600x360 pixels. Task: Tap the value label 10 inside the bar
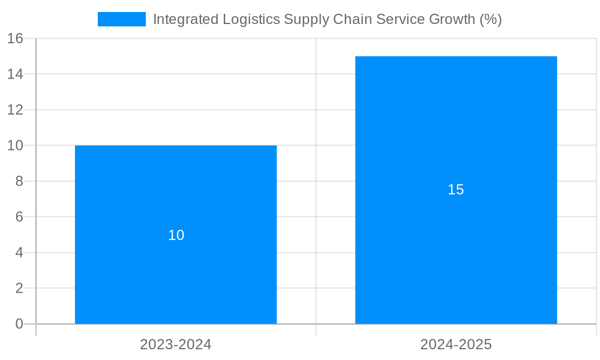(x=176, y=235)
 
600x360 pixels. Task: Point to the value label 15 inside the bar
(x=456, y=190)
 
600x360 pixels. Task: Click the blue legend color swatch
(x=122, y=19)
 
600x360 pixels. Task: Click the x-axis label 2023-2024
(x=176, y=344)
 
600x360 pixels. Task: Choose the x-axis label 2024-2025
(x=456, y=344)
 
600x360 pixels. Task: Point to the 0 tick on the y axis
(x=19, y=324)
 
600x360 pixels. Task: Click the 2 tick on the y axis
(x=19, y=288)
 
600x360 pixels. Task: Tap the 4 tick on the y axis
(x=19, y=253)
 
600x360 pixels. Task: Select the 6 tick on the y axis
(x=19, y=217)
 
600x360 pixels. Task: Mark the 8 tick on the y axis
(x=19, y=181)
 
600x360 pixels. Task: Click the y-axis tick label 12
(x=15, y=110)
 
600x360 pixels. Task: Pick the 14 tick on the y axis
(x=15, y=74)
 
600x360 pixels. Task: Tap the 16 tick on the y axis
(x=15, y=38)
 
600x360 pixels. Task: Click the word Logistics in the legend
(x=251, y=19)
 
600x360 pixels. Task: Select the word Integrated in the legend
(x=186, y=19)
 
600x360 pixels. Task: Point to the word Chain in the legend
(x=352, y=19)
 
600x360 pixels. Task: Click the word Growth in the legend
(x=452, y=19)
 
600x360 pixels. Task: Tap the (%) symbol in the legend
(x=490, y=19)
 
